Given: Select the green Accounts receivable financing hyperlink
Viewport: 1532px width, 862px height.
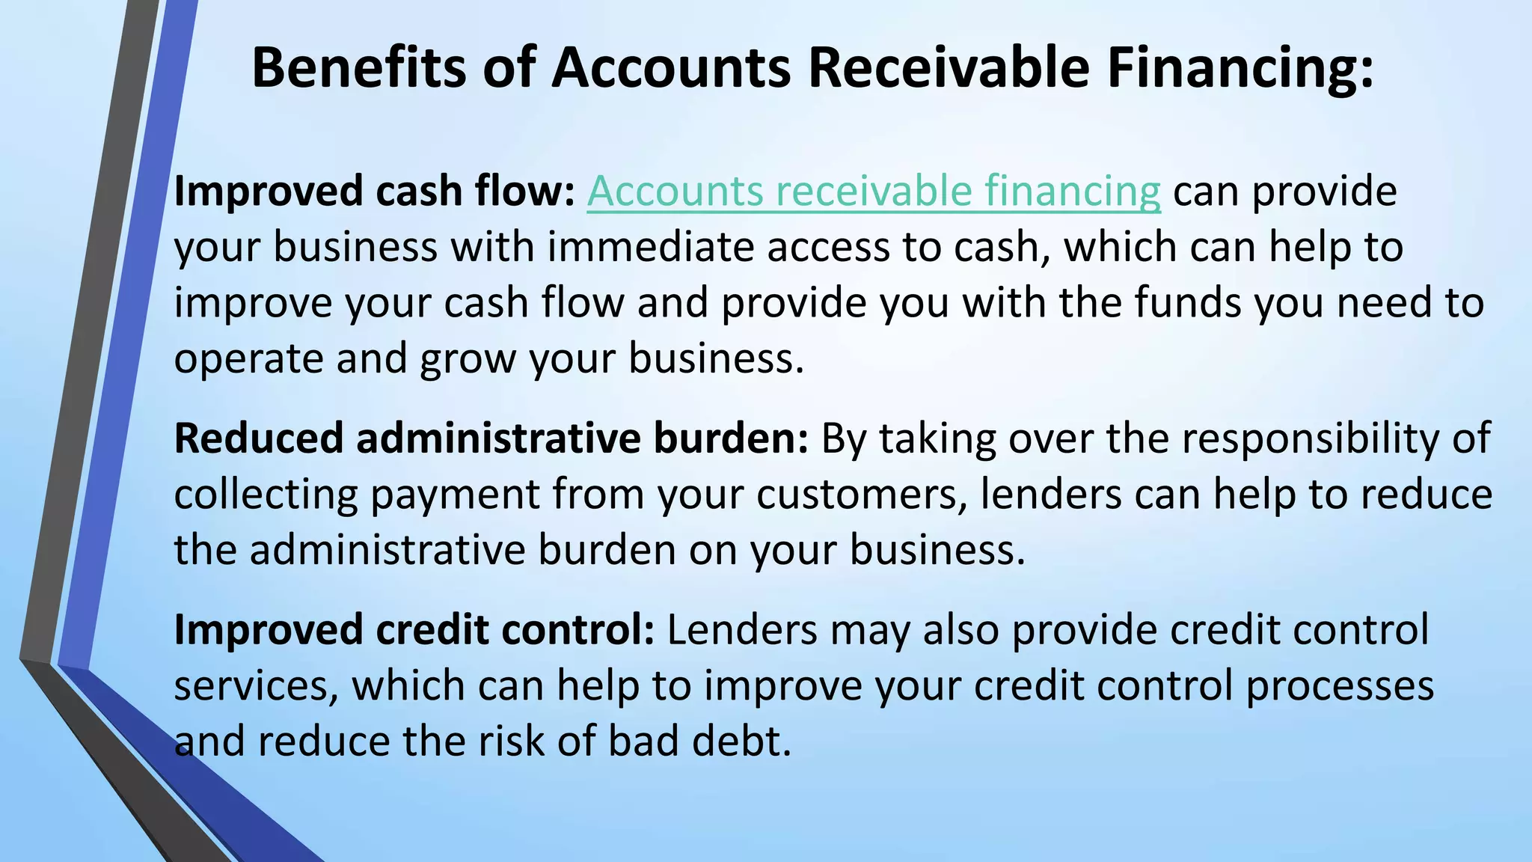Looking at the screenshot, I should coord(873,192).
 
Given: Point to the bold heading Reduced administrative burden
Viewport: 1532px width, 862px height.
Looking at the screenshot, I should coord(491,438).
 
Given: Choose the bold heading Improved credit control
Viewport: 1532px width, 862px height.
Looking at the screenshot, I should coord(414,630).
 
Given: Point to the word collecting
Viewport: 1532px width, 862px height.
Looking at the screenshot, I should coord(266,495).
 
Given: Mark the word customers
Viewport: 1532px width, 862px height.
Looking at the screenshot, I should coord(860,495).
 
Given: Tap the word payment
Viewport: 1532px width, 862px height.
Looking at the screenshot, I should coord(455,495).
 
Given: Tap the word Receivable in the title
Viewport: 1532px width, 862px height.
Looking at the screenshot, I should coord(949,67).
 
